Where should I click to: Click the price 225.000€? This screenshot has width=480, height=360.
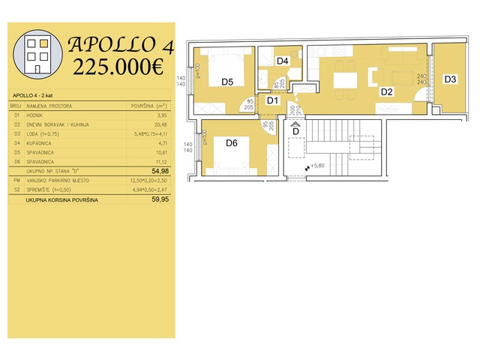[119, 67]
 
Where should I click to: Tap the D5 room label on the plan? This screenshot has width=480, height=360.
[228, 82]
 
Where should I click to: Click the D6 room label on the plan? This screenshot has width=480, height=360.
[232, 142]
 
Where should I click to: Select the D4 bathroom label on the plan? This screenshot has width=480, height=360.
[282, 61]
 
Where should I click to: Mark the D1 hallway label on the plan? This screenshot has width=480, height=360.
[273, 100]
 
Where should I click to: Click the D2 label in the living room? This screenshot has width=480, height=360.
[386, 92]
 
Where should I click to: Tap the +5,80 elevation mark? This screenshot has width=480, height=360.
[318, 166]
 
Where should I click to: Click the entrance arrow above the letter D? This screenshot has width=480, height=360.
[295, 124]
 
